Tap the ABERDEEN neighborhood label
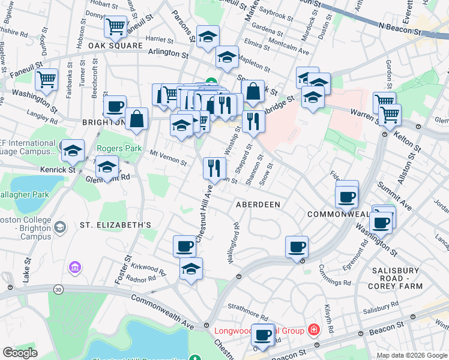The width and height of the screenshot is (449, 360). (258, 205)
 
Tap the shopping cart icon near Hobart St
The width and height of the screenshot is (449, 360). (115, 26)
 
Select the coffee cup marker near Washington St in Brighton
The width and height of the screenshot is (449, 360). (115, 107)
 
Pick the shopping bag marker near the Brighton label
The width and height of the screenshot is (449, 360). (137, 119)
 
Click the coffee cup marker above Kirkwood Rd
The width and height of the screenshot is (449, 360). (185, 245)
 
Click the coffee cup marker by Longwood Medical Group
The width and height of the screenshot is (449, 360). (263, 335)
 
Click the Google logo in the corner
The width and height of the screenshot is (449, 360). (20, 353)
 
